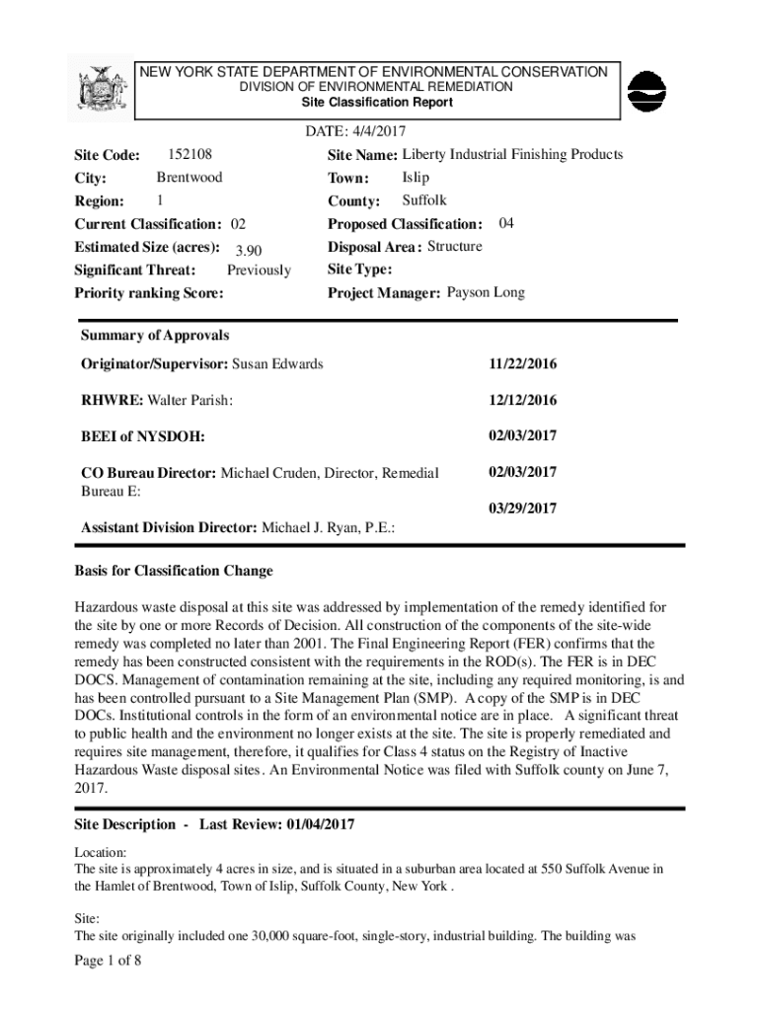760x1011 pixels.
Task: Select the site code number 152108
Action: pyautogui.click(x=190, y=154)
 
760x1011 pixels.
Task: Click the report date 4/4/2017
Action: pyautogui.click(x=372, y=131)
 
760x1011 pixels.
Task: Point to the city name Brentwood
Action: pyautogui.click(x=190, y=178)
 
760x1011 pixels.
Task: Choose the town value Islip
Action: pyautogui.click(x=416, y=178)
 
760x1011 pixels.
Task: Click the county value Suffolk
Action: pyautogui.click(x=424, y=200)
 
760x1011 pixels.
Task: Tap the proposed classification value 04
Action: pyautogui.click(x=506, y=223)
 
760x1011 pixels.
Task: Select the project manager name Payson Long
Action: pyautogui.click(x=486, y=292)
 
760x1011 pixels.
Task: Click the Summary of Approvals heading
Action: pyautogui.click(x=155, y=336)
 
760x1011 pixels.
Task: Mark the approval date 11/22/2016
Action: pyautogui.click(x=522, y=364)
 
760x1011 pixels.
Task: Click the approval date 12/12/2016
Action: pyautogui.click(x=522, y=400)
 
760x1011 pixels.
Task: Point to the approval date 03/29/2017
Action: pyautogui.click(x=522, y=508)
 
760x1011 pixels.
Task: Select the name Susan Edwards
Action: pyautogui.click(x=277, y=364)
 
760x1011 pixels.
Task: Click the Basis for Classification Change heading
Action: pyautogui.click(x=174, y=571)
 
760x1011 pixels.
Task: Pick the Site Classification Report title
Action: pyautogui.click(x=377, y=103)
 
